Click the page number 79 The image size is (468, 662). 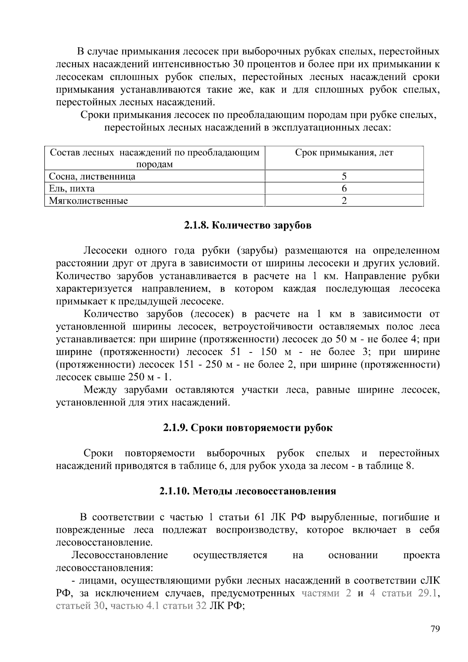point(435,628)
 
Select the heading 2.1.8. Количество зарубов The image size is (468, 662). point(248,226)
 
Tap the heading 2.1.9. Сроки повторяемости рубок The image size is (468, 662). point(248,428)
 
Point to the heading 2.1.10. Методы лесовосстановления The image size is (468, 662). point(248,491)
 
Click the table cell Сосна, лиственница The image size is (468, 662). point(92,176)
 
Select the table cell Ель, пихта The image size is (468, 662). point(72,189)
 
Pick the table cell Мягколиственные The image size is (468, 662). point(89,201)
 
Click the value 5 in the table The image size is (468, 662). point(344,176)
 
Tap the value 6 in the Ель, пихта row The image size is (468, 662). point(344,189)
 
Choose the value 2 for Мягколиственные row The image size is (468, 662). point(344,201)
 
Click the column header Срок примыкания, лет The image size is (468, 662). point(344,153)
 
